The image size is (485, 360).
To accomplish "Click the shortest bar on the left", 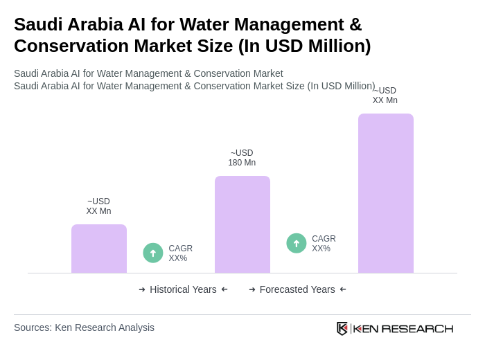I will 99,249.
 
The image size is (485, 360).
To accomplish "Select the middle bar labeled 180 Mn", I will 242,224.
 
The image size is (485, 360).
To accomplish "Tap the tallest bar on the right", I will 386,193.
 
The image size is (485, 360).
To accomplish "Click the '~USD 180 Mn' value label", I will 242,158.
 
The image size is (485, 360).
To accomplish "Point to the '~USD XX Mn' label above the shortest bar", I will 98,206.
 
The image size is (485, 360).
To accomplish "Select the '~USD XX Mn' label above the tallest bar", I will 385,96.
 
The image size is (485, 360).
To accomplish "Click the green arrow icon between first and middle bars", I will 153,253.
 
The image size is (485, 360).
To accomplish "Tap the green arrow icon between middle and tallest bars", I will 297,243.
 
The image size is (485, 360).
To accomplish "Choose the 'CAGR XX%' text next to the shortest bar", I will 180,253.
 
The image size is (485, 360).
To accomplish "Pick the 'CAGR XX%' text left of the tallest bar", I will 324,244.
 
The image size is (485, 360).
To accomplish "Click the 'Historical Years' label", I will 183,289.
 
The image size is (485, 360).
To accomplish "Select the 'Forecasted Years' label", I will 297,289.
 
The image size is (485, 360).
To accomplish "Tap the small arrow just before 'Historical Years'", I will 142,289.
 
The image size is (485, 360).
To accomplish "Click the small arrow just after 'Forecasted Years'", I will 343,289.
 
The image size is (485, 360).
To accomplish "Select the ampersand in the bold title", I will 355,24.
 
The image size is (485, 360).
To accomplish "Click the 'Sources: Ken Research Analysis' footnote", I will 84,327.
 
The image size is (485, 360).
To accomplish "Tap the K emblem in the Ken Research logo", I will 342,328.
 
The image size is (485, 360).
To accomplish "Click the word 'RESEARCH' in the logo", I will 417,328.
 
